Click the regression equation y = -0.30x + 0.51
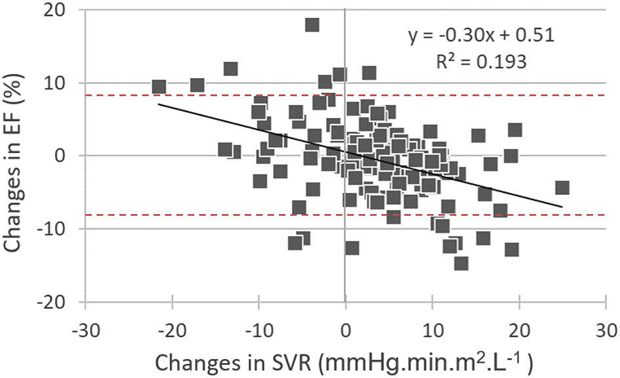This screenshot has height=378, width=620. (x=481, y=35)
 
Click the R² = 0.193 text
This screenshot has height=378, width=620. (x=481, y=62)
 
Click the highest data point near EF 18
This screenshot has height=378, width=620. (x=312, y=25)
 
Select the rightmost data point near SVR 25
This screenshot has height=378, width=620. (x=562, y=188)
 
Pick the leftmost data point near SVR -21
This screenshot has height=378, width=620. (x=159, y=87)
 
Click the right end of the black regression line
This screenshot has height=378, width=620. (x=562, y=206)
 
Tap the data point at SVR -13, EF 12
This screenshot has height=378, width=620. (x=230, y=69)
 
